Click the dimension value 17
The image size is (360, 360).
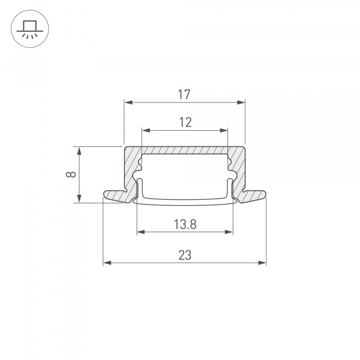point(184,94)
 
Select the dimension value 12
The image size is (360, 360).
point(185,122)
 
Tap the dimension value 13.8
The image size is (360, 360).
point(185,224)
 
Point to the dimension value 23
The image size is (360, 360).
point(185,255)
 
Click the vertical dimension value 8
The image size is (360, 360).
point(71,175)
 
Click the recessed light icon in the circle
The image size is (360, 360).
point(29,29)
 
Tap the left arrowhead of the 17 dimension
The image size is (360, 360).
point(127,103)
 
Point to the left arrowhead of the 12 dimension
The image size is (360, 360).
point(145,130)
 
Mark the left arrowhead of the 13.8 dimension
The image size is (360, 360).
point(140,232)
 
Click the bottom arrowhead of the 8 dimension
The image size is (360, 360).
point(79,199)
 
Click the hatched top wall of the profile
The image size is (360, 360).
point(185,150)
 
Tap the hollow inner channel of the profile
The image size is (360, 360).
point(185,177)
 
